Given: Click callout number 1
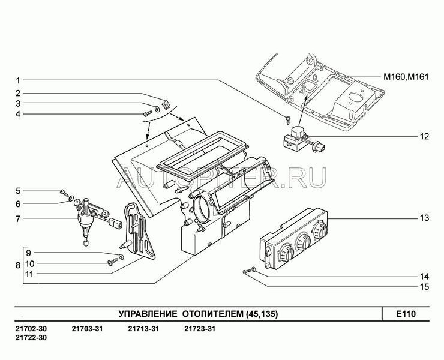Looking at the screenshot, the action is (18, 81).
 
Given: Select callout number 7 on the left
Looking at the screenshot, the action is (18, 219).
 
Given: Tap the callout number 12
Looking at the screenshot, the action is (424, 137).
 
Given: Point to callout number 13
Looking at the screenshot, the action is (424, 218).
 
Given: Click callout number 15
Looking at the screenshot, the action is (424, 287).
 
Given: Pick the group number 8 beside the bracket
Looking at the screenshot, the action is (18, 265).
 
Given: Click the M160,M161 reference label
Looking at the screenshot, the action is (406, 77).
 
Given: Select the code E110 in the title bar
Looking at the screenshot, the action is (406, 314).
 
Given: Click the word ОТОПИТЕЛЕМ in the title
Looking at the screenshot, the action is (212, 314).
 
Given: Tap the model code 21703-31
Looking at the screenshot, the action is (87, 329).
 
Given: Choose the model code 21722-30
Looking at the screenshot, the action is (31, 338).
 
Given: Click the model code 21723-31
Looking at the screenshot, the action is (200, 329).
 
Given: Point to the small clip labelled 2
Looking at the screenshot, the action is (166, 104).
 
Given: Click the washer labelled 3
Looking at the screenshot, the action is (157, 109).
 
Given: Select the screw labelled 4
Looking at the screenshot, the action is (148, 113).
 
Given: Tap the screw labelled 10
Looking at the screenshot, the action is (113, 262).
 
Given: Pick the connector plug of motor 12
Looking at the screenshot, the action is (319, 148).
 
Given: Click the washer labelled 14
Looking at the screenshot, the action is (254, 269).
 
